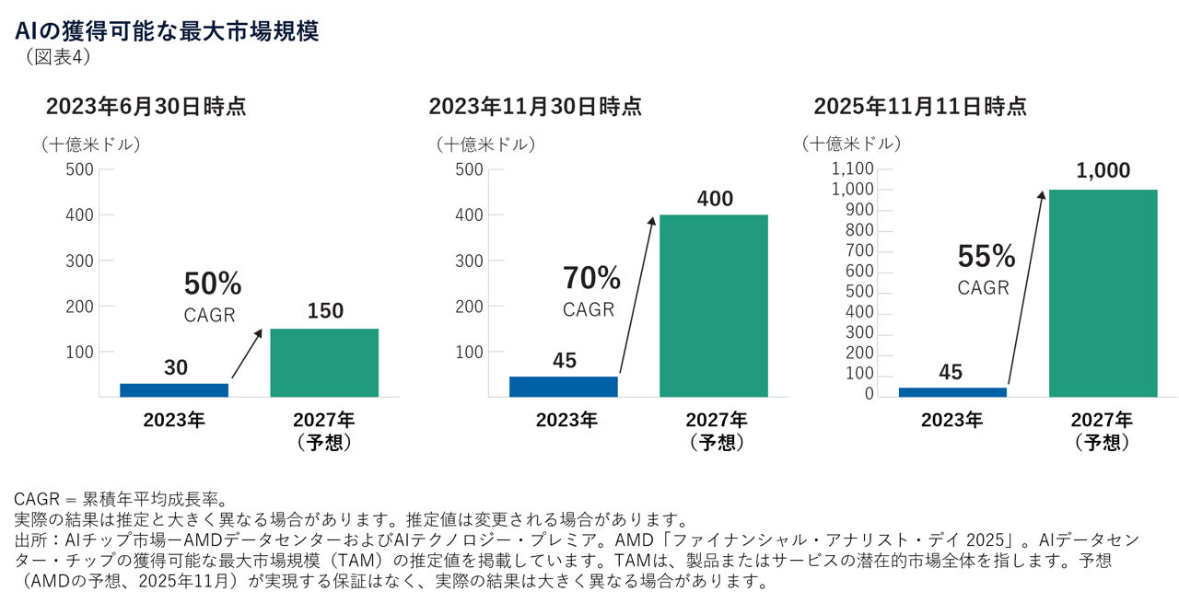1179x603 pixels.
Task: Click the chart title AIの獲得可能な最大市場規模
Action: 167,32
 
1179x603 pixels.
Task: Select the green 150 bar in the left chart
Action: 323,362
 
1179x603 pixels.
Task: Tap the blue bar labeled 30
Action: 174,389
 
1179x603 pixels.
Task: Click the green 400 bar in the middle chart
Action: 713,306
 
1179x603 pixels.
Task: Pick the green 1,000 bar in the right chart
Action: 1103,293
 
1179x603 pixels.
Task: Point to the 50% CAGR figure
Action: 212,284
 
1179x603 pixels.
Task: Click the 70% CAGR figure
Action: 591,278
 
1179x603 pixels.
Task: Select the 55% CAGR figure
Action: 986,256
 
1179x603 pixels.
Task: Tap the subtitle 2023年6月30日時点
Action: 146,107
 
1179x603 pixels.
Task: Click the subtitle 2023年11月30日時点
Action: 535,107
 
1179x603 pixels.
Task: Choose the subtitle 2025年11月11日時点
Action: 920,107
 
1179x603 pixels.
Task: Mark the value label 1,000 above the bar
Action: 1103,171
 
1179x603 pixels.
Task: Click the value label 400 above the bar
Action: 713,198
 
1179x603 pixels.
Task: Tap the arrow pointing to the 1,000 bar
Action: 1026,286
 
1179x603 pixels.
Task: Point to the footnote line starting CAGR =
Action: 121,499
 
